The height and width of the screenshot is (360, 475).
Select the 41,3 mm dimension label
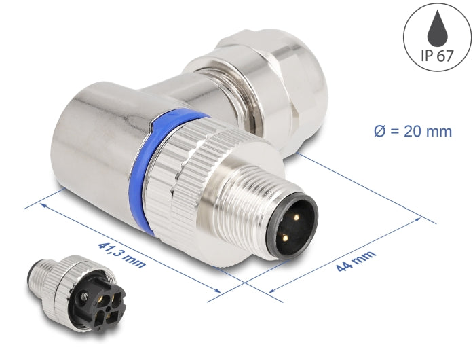(121, 247)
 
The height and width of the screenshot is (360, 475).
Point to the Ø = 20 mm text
(412, 131)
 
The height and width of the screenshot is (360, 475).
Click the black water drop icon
(438, 27)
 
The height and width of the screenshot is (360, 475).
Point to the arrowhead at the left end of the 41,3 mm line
(42, 201)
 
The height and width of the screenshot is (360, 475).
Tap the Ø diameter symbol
(380, 131)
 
